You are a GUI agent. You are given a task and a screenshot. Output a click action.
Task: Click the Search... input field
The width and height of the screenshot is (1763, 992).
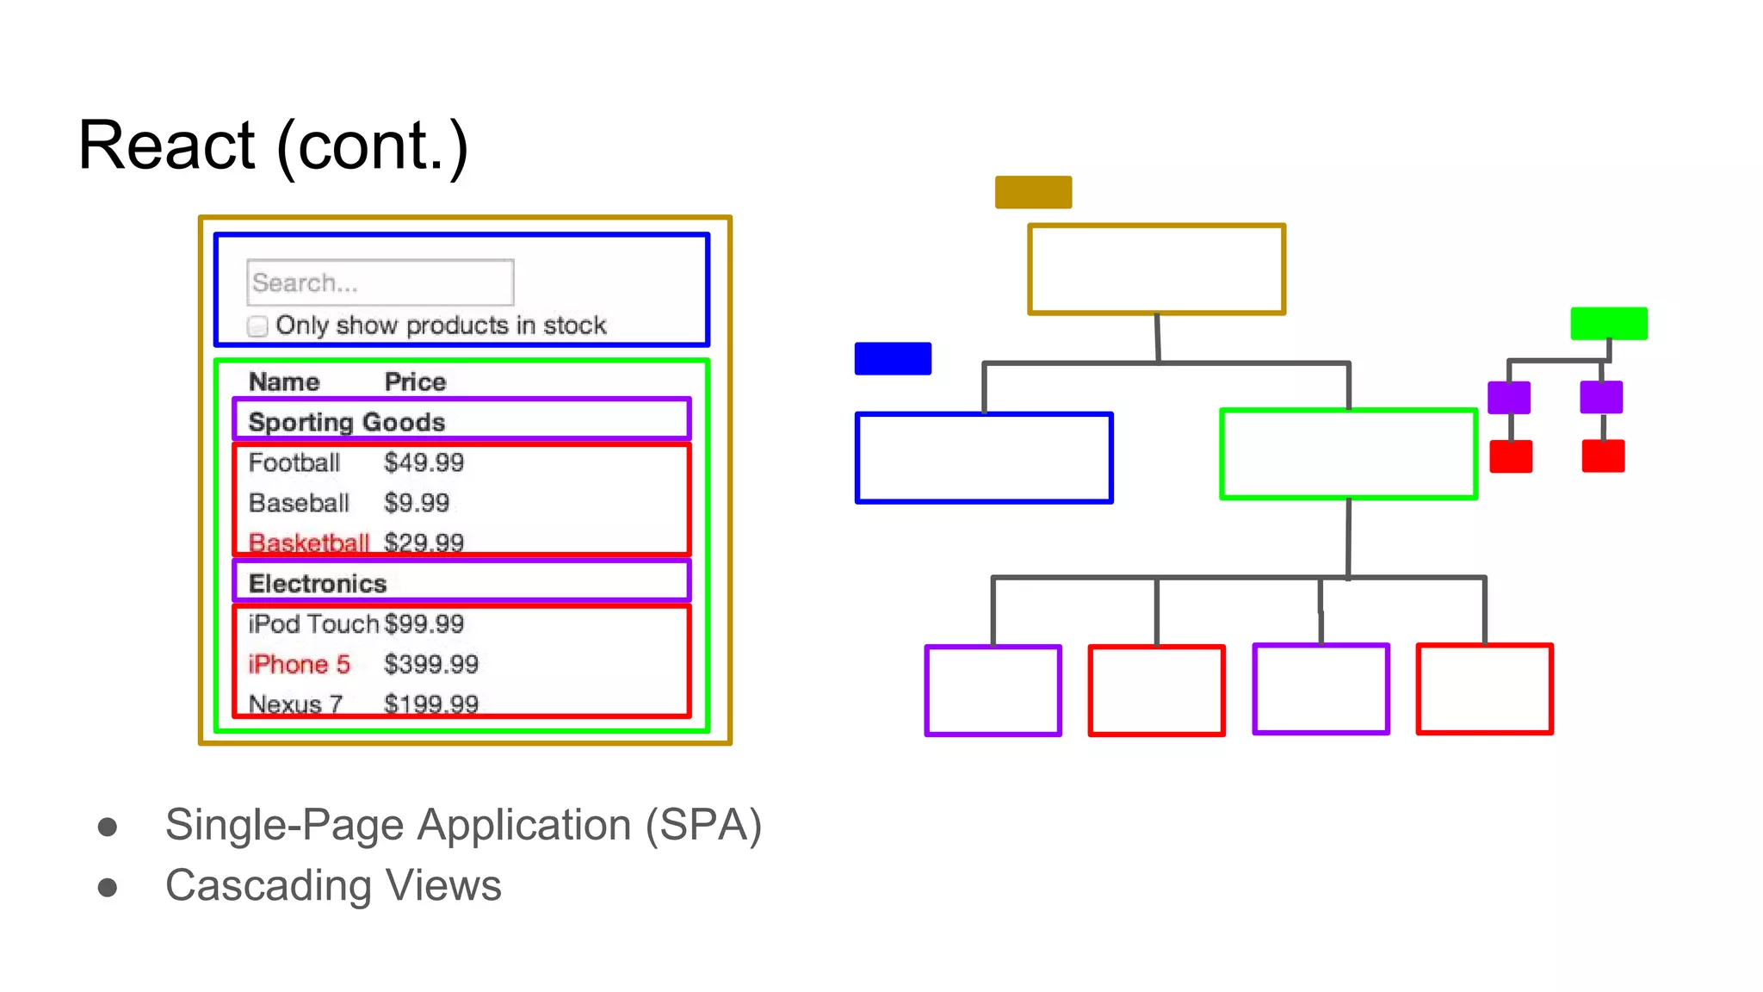380,282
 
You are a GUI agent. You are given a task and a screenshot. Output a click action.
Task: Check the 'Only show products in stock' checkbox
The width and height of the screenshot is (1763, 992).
257,326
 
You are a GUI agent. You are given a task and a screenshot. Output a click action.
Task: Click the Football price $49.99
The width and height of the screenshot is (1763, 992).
424,462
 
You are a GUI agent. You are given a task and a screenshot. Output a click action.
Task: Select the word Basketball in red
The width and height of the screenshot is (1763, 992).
308,542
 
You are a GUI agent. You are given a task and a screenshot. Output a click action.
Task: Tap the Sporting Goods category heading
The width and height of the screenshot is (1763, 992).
346,422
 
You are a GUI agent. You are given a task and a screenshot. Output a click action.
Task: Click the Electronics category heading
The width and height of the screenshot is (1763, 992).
317,583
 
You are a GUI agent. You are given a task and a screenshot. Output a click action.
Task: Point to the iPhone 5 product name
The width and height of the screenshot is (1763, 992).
299,664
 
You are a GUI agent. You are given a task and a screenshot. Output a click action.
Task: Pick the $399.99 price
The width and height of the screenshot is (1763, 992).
430,664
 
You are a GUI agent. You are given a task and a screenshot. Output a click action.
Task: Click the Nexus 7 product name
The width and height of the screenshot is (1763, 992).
295,704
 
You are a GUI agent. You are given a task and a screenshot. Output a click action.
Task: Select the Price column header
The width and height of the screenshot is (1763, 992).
415,381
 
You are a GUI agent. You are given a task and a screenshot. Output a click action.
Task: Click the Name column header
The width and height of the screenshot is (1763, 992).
284,381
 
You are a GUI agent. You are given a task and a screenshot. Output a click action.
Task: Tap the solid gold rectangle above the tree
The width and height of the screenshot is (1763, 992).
1033,192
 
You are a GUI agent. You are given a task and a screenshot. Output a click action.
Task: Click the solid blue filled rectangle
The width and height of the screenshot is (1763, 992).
893,358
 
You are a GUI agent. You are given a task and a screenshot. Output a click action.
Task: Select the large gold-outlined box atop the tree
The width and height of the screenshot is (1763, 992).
1156,270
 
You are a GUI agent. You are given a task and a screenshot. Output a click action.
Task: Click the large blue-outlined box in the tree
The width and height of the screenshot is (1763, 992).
984,457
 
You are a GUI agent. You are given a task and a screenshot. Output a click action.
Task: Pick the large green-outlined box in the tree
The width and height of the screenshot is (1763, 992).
1348,454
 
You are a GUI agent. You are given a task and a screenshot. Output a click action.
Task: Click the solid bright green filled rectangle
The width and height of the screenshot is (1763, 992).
1608,323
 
